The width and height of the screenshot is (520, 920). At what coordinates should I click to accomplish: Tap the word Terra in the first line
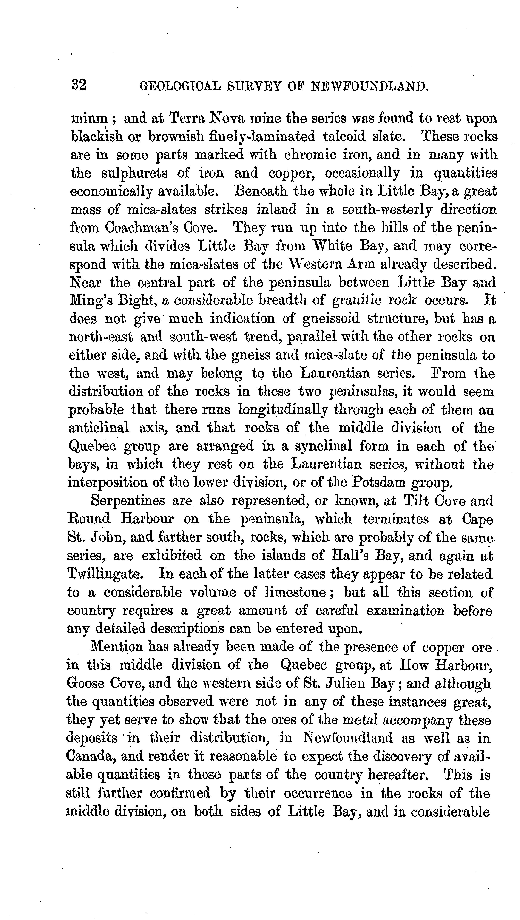tap(185, 118)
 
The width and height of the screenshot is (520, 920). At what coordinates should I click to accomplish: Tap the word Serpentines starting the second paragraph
tap(128, 501)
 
